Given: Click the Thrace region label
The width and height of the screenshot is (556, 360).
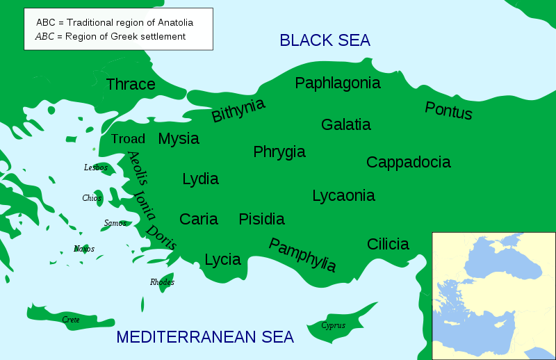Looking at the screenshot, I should pyautogui.click(x=131, y=84).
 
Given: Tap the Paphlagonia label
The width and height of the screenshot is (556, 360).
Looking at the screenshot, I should pyautogui.click(x=338, y=83).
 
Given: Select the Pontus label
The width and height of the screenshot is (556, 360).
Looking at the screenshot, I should pyautogui.click(x=448, y=111).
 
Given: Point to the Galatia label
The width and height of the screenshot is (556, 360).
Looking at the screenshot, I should pyautogui.click(x=345, y=124).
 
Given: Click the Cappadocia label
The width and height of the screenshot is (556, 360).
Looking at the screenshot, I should pyautogui.click(x=408, y=162).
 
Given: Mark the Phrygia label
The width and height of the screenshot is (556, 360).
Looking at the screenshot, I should pyautogui.click(x=279, y=152).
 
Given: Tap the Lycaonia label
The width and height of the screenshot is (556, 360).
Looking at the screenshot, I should pyautogui.click(x=343, y=195).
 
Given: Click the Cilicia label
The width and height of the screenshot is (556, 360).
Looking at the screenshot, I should pyautogui.click(x=388, y=244).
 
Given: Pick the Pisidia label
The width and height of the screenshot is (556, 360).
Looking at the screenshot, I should pyautogui.click(x=261, y=219).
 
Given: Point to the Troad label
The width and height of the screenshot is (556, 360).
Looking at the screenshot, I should pyautogui.click(x=128, y=139).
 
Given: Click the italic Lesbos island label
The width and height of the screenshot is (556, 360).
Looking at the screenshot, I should pyautogui.click(x=95, y=167).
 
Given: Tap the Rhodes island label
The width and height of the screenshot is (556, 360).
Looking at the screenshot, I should pyautogui.click(x=162, y=282).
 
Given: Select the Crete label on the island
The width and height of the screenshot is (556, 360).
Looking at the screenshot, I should pyautogui.click(x=71, y=320).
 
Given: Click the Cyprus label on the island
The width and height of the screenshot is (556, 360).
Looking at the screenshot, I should pyautogui.click(x=333, y=325).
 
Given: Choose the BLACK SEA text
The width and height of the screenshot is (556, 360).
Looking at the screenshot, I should pyautogui.click(x=325, y=40).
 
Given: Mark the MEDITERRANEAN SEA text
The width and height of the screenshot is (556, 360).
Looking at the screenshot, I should pyautogui.click(x=205, y=337).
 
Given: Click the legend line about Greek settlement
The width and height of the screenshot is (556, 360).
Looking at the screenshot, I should pyautogui.click(x=111, y=36).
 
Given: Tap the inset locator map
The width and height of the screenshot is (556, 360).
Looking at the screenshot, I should pyautogui.click(x=493, y=295).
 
